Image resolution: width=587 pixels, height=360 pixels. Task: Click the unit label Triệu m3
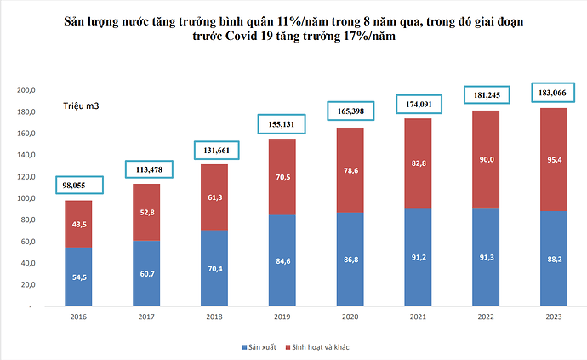tap(81, 105)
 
